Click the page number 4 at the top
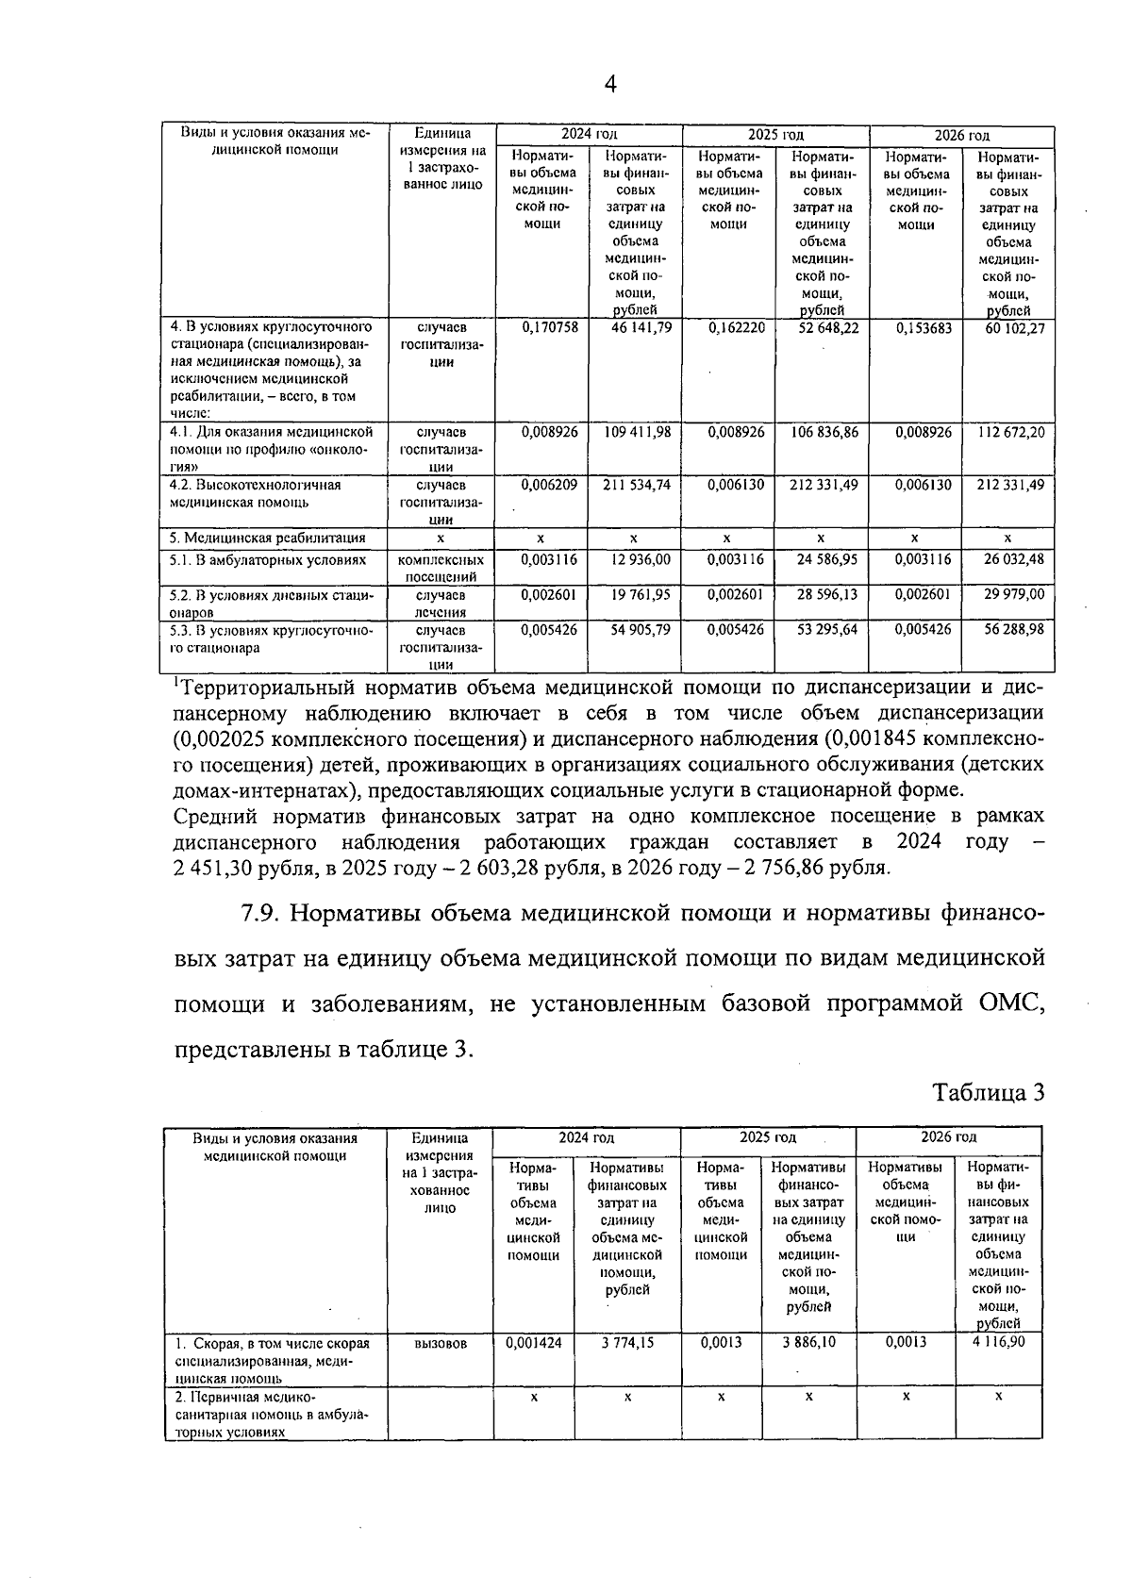610,85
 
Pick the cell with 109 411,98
637,432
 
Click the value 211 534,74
637,485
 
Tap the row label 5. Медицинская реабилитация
268,539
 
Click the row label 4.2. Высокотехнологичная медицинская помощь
255,493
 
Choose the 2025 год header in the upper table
775,136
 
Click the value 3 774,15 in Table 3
627,1342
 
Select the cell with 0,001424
533,1342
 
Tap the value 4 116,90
998,1342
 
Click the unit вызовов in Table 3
440,1343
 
